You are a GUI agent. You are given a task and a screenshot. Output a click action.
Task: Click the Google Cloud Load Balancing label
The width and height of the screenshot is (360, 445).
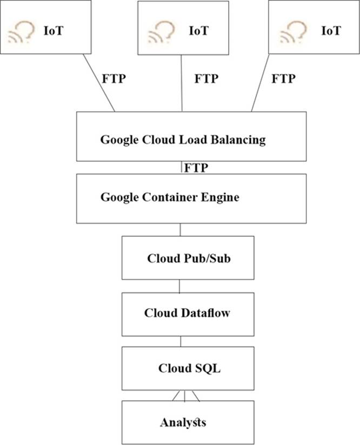click(x=183, y=140)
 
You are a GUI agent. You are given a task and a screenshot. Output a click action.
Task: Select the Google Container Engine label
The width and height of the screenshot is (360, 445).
click(x=170, y=197)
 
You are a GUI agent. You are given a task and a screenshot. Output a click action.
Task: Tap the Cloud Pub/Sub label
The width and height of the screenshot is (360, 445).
click(x=182, y=258)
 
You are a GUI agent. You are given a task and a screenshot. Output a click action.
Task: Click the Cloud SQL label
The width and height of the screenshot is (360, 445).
click(x=182, y=369)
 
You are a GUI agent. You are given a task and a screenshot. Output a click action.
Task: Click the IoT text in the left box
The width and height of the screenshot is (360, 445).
click(x=54, y=31)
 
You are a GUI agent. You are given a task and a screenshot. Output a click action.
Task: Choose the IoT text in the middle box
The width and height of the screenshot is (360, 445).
click(x=198, y=30)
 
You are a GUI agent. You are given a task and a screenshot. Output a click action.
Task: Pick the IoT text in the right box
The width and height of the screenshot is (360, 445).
click(x=331, y=30)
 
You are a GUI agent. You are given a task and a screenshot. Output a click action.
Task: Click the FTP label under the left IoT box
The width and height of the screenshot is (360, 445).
click(x=114, y=78)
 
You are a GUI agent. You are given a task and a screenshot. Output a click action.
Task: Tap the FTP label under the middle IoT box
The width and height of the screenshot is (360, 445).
click(x=206, y=78)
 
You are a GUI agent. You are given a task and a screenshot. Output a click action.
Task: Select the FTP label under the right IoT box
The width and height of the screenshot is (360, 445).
click(x=284, y=78)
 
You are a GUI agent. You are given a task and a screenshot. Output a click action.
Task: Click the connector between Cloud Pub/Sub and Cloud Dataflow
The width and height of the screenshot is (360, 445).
click(x=180, y=286)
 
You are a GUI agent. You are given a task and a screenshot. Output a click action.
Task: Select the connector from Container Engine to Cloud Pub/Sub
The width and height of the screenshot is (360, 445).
click(x=180, y=229)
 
